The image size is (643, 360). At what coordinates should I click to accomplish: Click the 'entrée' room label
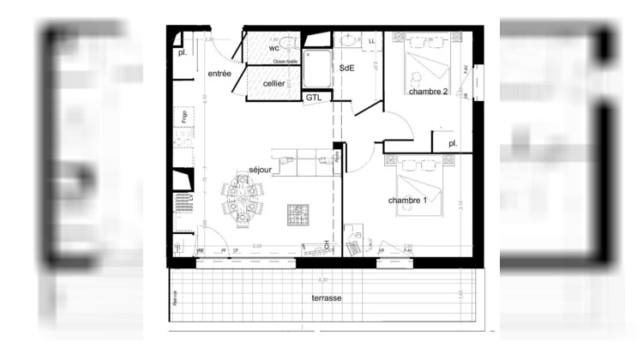219,75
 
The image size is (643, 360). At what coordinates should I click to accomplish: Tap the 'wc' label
274,48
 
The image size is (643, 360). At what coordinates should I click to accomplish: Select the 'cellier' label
274,82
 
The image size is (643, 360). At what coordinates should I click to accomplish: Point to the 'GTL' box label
314,98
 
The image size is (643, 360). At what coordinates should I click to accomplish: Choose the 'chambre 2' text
428,91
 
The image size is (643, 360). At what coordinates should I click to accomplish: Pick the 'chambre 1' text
407,201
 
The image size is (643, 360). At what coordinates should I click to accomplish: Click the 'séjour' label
261,170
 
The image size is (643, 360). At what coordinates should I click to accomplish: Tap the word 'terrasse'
326,297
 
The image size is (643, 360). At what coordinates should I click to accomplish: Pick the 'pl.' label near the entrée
183,53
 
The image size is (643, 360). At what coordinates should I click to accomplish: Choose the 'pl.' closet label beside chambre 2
453,144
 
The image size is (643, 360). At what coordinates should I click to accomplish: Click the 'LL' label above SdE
372,41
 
